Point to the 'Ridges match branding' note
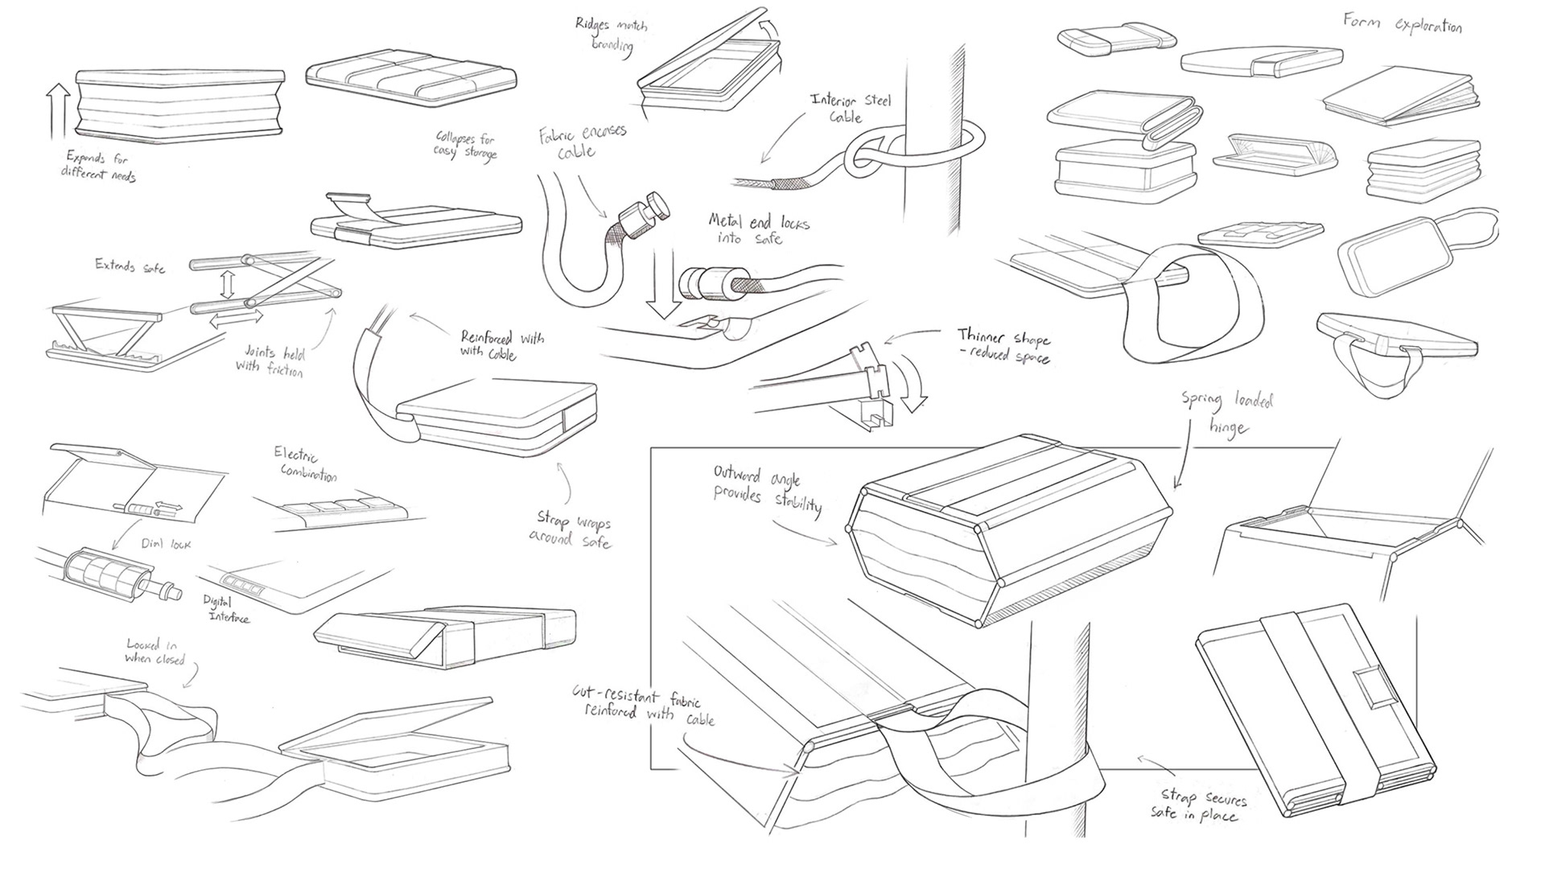point(612,35)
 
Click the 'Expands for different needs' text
point(98,165)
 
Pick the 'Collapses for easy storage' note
point(466,146)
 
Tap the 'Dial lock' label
point(166,544)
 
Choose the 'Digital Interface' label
point(228,609)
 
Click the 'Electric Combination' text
point(307,464)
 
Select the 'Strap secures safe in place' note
point(1198,806)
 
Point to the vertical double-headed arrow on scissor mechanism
point(228,283)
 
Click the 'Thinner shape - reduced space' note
point(1003,345)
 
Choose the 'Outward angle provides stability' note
point(768,488)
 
